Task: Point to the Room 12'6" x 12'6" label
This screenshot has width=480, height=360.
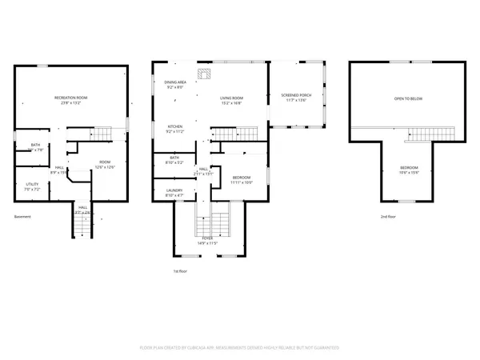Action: tap(105, 164)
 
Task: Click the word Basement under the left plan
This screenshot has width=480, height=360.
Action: tap(24, 217)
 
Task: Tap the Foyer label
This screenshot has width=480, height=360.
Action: tap(209, 242)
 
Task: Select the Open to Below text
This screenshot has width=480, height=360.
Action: tap(408, 98)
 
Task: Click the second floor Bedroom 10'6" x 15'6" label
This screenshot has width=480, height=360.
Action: tap(408, 169)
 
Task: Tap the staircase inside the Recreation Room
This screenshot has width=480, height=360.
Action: tap(102, 133)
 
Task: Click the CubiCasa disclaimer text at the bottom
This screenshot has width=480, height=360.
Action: tap(240, 348)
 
